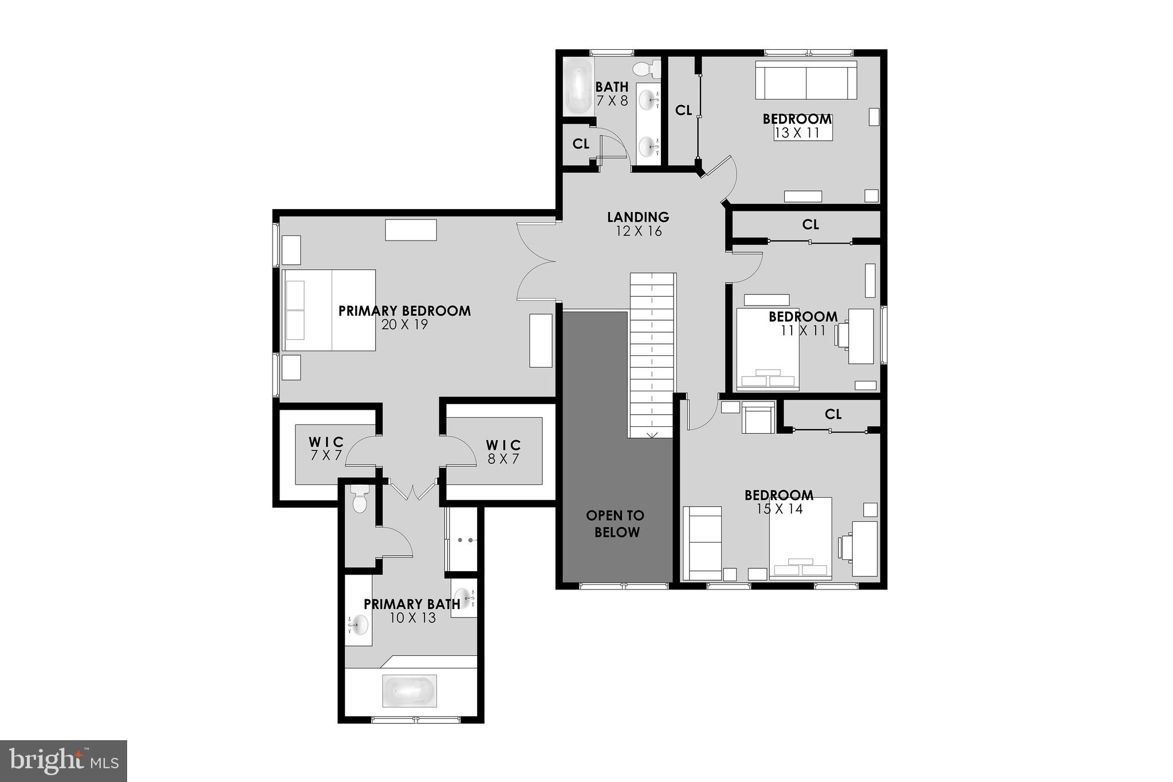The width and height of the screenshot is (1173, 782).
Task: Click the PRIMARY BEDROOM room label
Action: [404, 311]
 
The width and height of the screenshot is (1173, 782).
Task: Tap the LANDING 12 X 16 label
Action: [638, 223]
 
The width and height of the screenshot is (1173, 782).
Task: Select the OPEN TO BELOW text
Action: [616, 524]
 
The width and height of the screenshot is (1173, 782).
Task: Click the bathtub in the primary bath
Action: [410, 691]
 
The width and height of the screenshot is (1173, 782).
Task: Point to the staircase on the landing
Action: [652, 355]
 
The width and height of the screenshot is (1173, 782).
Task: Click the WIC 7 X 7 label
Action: [326, 449]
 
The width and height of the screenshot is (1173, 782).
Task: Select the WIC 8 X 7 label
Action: [503, 451]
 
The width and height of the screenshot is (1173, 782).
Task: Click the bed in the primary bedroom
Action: [329, 310]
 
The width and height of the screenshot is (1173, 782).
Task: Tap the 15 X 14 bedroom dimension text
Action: [779, 509]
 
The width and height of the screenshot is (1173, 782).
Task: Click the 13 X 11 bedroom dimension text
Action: [797, 133]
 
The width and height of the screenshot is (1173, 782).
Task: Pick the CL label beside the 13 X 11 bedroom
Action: [683, 110]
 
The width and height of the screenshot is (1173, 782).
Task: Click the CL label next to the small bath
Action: [581, 144]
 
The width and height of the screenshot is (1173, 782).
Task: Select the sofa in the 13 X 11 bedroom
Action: [806, 80]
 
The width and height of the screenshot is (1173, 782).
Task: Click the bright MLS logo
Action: [64, 761]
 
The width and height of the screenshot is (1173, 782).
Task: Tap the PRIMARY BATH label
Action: [411, 604]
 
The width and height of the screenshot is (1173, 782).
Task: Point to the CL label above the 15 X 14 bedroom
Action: [833, 414]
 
